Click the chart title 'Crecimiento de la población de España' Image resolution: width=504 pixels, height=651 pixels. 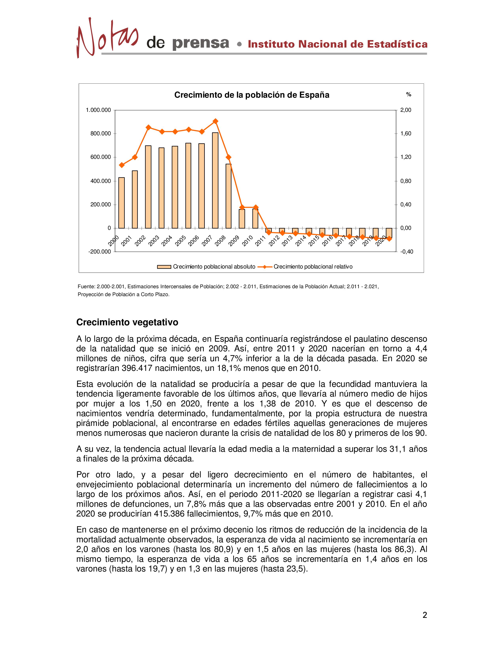(252, 95)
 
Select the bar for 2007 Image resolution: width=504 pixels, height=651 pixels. (215, 180)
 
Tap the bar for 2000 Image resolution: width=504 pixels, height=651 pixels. (122, 203)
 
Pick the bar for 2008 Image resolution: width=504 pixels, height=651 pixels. (228, 196)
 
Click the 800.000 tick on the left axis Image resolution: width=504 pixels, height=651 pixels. (101, 134)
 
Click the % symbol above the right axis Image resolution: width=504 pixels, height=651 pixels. (409, 95)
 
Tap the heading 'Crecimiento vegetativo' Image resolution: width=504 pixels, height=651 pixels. (127, 322)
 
